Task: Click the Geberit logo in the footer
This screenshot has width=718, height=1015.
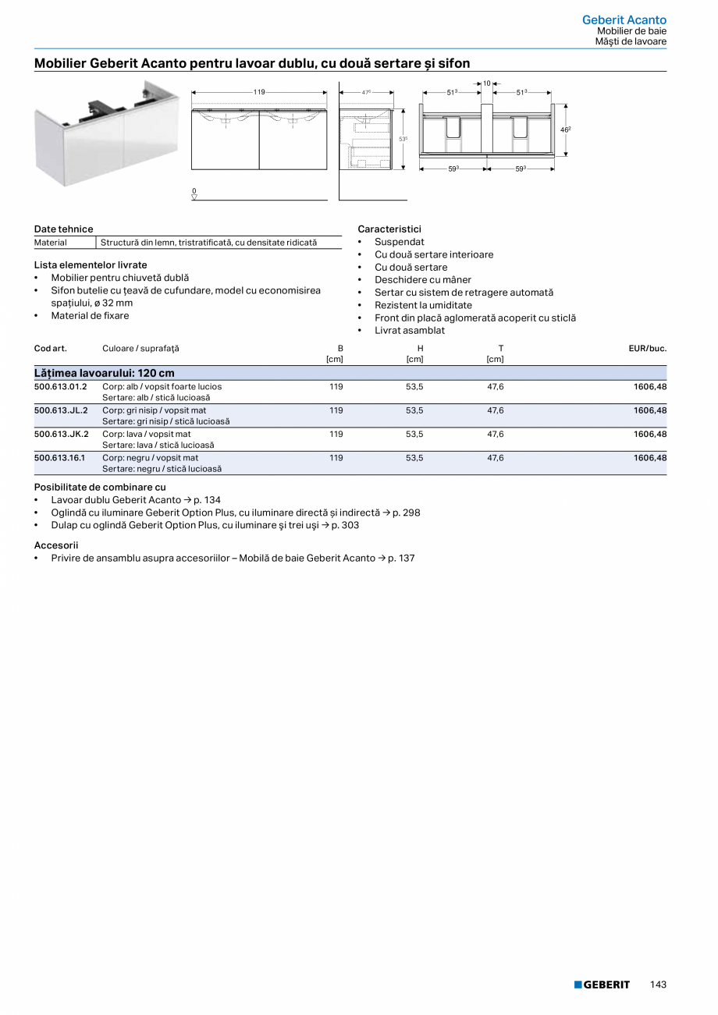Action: tap(602, 985)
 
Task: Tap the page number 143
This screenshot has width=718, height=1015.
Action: tap(658, 985)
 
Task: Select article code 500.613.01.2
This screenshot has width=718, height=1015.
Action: tap(61, 386)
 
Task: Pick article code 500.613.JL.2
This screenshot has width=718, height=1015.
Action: tap(61, 410)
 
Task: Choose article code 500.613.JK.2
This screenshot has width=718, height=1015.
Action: tap(61, 434)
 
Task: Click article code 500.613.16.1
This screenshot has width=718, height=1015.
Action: tap(60, 458)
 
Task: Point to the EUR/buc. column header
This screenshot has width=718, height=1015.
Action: tap(647, 348)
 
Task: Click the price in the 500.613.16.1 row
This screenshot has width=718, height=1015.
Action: tap(649, 458)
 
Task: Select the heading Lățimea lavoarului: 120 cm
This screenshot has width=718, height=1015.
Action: tap(104, 373)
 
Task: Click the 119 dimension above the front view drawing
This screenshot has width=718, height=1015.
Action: tap(259, 92)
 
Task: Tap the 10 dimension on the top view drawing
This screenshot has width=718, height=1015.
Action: tap(487, 83)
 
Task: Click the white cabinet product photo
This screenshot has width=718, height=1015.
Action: tap(106, 133)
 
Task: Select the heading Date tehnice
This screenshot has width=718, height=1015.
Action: tap(63, 229)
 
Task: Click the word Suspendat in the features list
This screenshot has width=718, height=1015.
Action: tap(399, 242)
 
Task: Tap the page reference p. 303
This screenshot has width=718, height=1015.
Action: tap(345, 525)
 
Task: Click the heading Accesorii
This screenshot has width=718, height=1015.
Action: tap(56, 545)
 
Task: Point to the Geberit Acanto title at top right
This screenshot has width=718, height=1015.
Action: tap(624, 20)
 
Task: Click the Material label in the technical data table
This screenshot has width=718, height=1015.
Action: tap(51, 243)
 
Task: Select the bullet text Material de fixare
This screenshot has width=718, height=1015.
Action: tap(90, 316)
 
